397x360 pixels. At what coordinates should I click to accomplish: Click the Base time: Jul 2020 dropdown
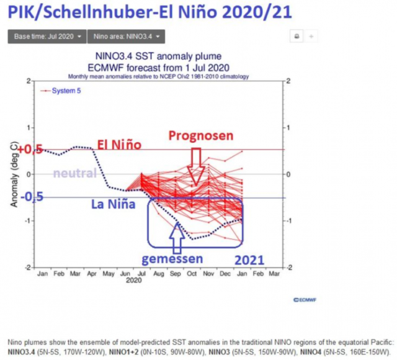point(46,37)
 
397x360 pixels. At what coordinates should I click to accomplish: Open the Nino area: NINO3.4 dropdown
point(126,37)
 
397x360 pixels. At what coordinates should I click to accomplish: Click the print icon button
point(297,37)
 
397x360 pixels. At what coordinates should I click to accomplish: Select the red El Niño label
point(119,145)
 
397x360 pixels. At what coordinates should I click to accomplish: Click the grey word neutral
point(75,174)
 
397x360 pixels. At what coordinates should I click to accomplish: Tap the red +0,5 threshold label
point(30,150)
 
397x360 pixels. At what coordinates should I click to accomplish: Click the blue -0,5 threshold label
point(30,197)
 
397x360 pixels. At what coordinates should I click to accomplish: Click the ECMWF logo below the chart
point(298,299)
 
